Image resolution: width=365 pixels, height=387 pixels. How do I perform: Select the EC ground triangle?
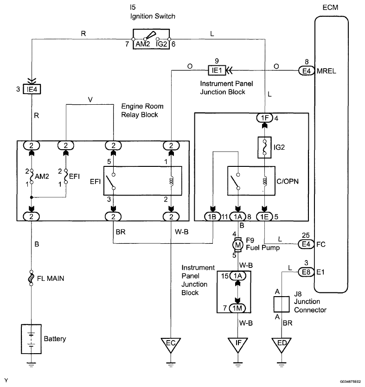point(171,344)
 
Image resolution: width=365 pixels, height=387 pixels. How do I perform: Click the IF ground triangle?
point(238,344)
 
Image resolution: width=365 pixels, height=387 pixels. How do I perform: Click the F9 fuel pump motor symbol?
point(238,244)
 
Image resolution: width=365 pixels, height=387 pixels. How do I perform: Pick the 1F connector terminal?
point(264,118)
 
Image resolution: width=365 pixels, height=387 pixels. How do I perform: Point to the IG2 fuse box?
point(264,147)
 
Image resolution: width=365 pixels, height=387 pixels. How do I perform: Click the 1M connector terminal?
point(238,308)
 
